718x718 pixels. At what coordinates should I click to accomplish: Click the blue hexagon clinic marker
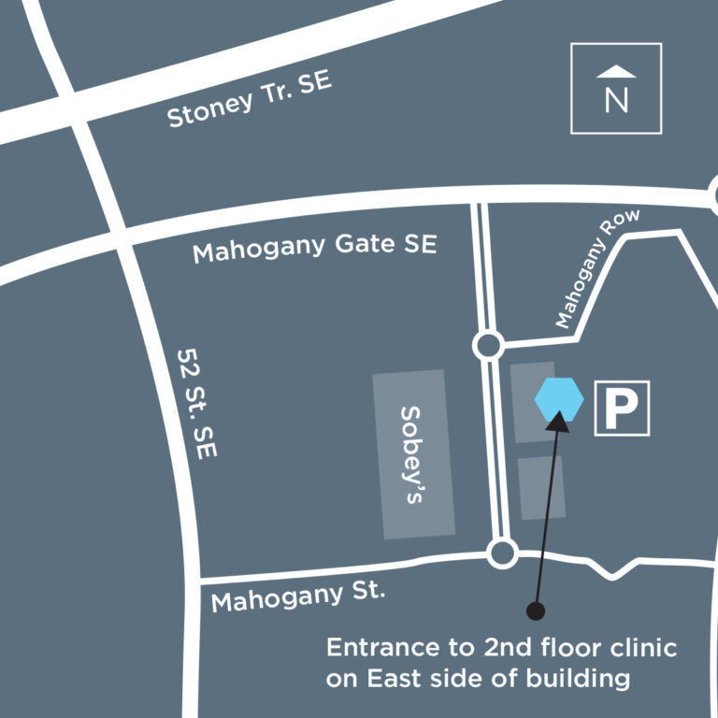tap(559, 400)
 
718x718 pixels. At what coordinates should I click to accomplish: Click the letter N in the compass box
tap(616, 100)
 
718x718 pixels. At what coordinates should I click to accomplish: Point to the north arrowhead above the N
tap(616, 72)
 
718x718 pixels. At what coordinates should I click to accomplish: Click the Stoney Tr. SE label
tap(249, 100)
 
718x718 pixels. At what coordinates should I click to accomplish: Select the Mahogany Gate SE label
tap(314, 248)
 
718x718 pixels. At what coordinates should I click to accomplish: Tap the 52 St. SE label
tap(196, 403)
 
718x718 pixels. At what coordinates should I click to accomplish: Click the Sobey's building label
tap(412, 454)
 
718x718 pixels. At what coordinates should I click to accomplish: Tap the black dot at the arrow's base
tap(536, 611)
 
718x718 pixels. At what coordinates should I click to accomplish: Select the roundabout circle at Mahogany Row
tap(487, 346)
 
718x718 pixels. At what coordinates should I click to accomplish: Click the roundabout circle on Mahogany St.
tap(503, 553)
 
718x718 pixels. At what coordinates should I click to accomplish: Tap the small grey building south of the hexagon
tap(541, 487)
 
